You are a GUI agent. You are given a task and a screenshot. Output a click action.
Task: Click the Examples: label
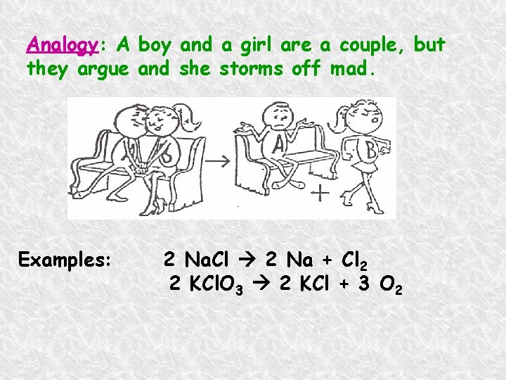coord(65,260)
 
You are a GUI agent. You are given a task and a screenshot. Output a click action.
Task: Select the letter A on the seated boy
coord(278,146)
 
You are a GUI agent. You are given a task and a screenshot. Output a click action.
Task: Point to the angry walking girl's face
coord(367,113)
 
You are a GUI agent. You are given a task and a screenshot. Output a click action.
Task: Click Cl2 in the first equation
coord(354,260)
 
